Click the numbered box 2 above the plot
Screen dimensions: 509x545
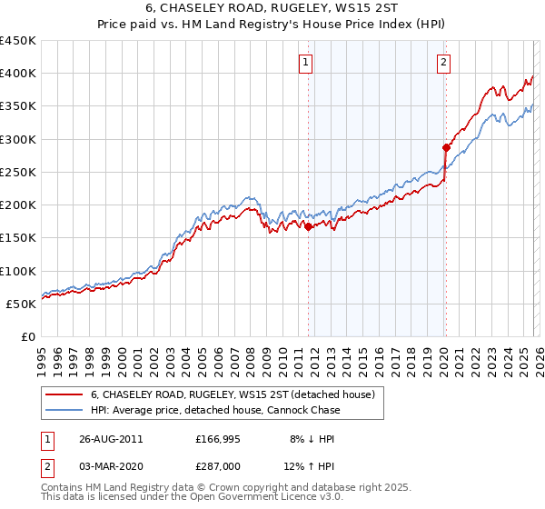pos(443,63)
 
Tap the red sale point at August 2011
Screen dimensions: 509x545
pos(309,227)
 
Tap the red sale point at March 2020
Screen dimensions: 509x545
pos(446,147)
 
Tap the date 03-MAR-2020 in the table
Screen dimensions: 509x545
pos(108,469)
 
